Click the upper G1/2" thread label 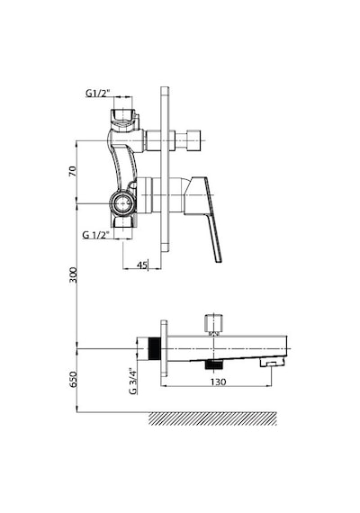(x=98, y=94)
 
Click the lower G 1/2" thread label (x=95, y=235)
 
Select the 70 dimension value (x=72, y=171)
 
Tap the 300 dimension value (x=73, y=275)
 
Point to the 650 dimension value (x=73, y=380)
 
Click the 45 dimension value (x=141, y=265)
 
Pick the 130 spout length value (x=218, y=382)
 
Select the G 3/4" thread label (x=132, y=382)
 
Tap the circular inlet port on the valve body (x=122, y=203)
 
